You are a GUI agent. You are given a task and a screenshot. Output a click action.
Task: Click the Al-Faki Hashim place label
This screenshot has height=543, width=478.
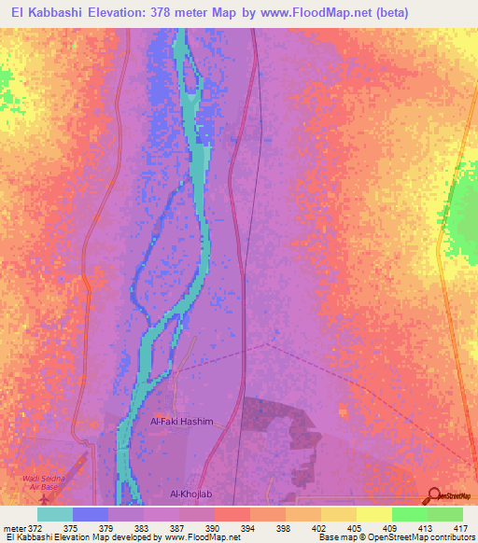coord(182,422)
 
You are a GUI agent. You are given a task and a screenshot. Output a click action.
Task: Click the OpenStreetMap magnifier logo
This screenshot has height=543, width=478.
coord(433,496)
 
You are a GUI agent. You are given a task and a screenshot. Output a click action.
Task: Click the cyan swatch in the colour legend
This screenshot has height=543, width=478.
coord(55,514)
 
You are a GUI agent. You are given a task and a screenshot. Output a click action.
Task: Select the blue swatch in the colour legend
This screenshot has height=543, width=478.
coord(91,514)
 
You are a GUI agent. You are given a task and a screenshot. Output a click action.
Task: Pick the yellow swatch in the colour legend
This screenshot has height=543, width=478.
coord(374,514)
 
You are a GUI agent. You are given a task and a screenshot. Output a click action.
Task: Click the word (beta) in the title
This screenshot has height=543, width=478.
coord(396,12)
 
